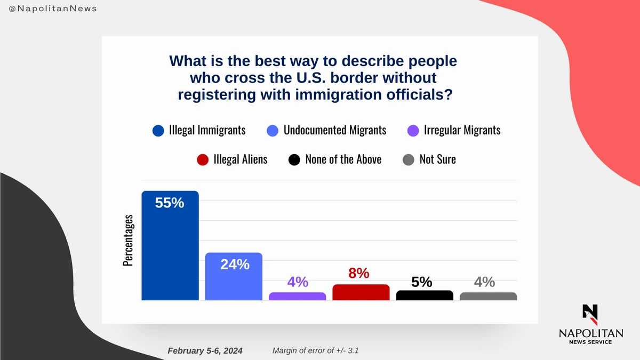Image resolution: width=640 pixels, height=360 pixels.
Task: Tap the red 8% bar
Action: click(361, 292)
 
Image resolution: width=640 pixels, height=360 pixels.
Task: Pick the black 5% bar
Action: click(425, 295)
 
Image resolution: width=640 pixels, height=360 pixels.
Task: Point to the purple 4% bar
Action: click(297, 297)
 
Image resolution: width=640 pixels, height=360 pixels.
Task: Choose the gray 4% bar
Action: click(488, 297)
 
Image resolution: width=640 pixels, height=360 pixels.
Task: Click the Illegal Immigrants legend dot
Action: click(158, 131)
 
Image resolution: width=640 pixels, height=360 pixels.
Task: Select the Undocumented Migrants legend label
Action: click(334, 130)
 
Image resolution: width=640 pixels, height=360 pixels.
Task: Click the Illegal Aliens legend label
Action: click(240, 159)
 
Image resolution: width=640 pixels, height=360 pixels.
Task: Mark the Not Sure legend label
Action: click(437, 159)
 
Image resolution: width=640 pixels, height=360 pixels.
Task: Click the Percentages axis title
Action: click(128, 240)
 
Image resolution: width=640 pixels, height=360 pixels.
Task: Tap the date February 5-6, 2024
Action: click(205, 350)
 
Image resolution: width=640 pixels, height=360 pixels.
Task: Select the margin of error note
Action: click(319, 350)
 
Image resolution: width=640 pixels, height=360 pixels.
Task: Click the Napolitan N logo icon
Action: click(590, 314)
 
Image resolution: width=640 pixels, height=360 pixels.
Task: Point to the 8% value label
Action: click(359, 273)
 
